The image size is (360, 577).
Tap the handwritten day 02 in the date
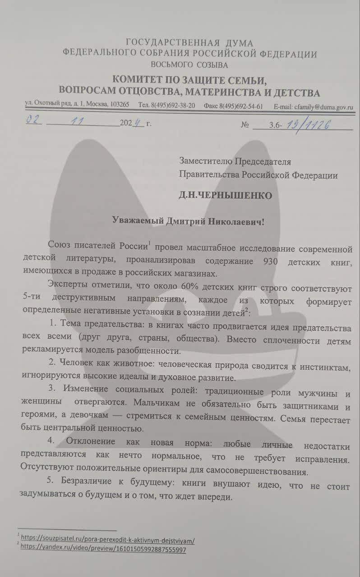[x=33, y=121]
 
